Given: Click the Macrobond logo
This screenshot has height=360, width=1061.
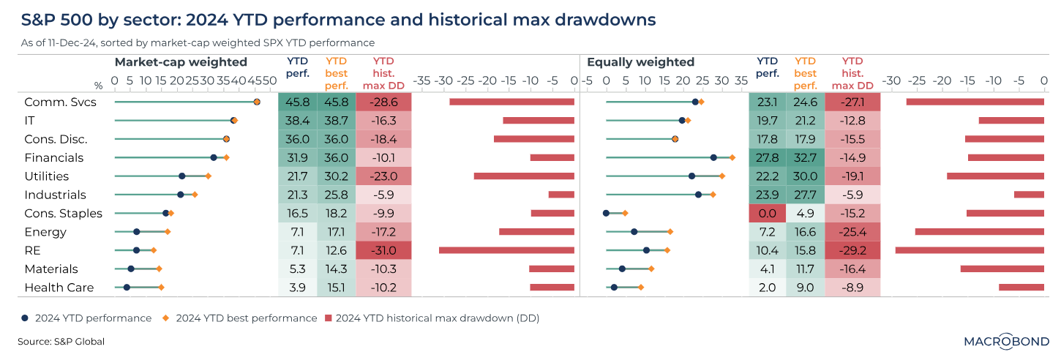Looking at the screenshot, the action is click(1007, 341).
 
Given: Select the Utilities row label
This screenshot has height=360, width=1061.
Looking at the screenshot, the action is click(46, 176).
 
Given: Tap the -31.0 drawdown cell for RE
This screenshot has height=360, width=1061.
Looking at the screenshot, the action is click(383, 250).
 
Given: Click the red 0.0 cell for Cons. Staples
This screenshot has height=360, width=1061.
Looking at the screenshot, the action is click(768, 213).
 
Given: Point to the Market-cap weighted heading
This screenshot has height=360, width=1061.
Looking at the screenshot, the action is click(181, 62).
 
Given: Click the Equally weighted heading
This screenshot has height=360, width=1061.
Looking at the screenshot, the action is click(640, 62).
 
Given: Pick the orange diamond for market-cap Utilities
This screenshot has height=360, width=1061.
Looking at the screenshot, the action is click(209, 176).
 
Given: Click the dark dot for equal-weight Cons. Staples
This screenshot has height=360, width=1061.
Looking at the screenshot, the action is click(606, 213).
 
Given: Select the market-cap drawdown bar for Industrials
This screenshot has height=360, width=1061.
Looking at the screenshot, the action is click(561, 195).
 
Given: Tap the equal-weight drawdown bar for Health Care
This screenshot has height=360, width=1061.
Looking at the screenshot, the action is click(1021, 288).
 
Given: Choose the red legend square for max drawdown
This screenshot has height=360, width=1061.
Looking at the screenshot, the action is click(329, 318).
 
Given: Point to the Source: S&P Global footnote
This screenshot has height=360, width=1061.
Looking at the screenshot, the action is click(61, 342).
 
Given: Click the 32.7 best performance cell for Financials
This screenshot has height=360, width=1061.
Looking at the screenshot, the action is click(805, 158).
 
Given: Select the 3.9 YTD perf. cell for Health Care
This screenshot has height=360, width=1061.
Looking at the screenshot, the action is click(298, 288).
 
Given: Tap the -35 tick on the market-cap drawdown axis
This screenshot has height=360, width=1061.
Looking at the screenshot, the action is click(421, 81).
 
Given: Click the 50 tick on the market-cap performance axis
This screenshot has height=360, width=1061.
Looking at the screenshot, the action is click(269, 81).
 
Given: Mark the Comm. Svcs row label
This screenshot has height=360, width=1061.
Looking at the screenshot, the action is click(60, 102).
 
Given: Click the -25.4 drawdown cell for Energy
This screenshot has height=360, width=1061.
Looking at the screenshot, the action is click(852, 232).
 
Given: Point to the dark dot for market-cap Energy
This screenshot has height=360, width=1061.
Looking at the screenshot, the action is click(136, 232).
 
